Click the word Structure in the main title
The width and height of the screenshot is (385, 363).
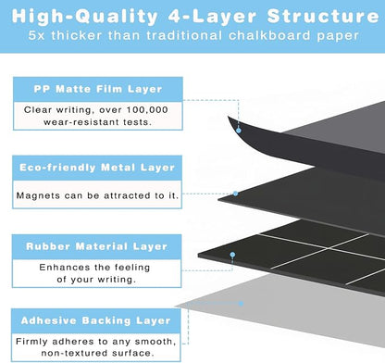(323, 17)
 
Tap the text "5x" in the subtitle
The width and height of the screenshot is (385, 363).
(36, 35)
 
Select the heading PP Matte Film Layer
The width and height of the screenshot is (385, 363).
(98, 89)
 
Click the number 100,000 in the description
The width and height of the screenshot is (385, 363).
(147, 110)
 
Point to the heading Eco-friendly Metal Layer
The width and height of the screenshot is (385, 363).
(97, 168)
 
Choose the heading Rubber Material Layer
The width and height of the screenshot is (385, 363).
(97, 246)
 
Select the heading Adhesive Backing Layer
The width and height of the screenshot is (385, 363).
(96, 320)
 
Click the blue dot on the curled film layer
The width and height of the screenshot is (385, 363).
(239, 131)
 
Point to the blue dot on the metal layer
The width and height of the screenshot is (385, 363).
(235, 194)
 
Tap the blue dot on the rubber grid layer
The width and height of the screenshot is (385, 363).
(232, 255)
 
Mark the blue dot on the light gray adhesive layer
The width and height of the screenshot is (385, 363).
(241, 304)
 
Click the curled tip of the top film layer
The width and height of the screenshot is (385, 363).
(229, 117)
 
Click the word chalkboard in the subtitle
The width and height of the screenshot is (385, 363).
(269, 35)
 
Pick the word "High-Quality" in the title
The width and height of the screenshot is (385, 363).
(85, 17)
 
